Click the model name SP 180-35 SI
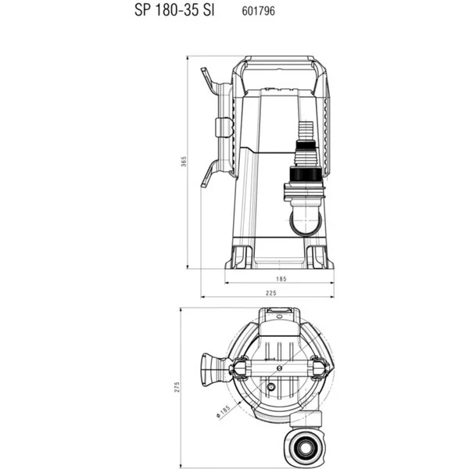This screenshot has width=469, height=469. tap(174, 10)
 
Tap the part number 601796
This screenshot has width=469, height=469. tap(259, 11)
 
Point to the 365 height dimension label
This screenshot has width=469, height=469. tap(184, 162)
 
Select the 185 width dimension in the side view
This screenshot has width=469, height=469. tap(281, 279)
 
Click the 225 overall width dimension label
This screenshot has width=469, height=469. tap(271, 293)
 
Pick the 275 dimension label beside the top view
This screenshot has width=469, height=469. tap(177, 387)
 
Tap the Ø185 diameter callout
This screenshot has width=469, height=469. tap(223, 411)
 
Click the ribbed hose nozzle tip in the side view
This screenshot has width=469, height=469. tap(306, 131)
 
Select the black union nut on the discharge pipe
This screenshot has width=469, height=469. tap(306, 174)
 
